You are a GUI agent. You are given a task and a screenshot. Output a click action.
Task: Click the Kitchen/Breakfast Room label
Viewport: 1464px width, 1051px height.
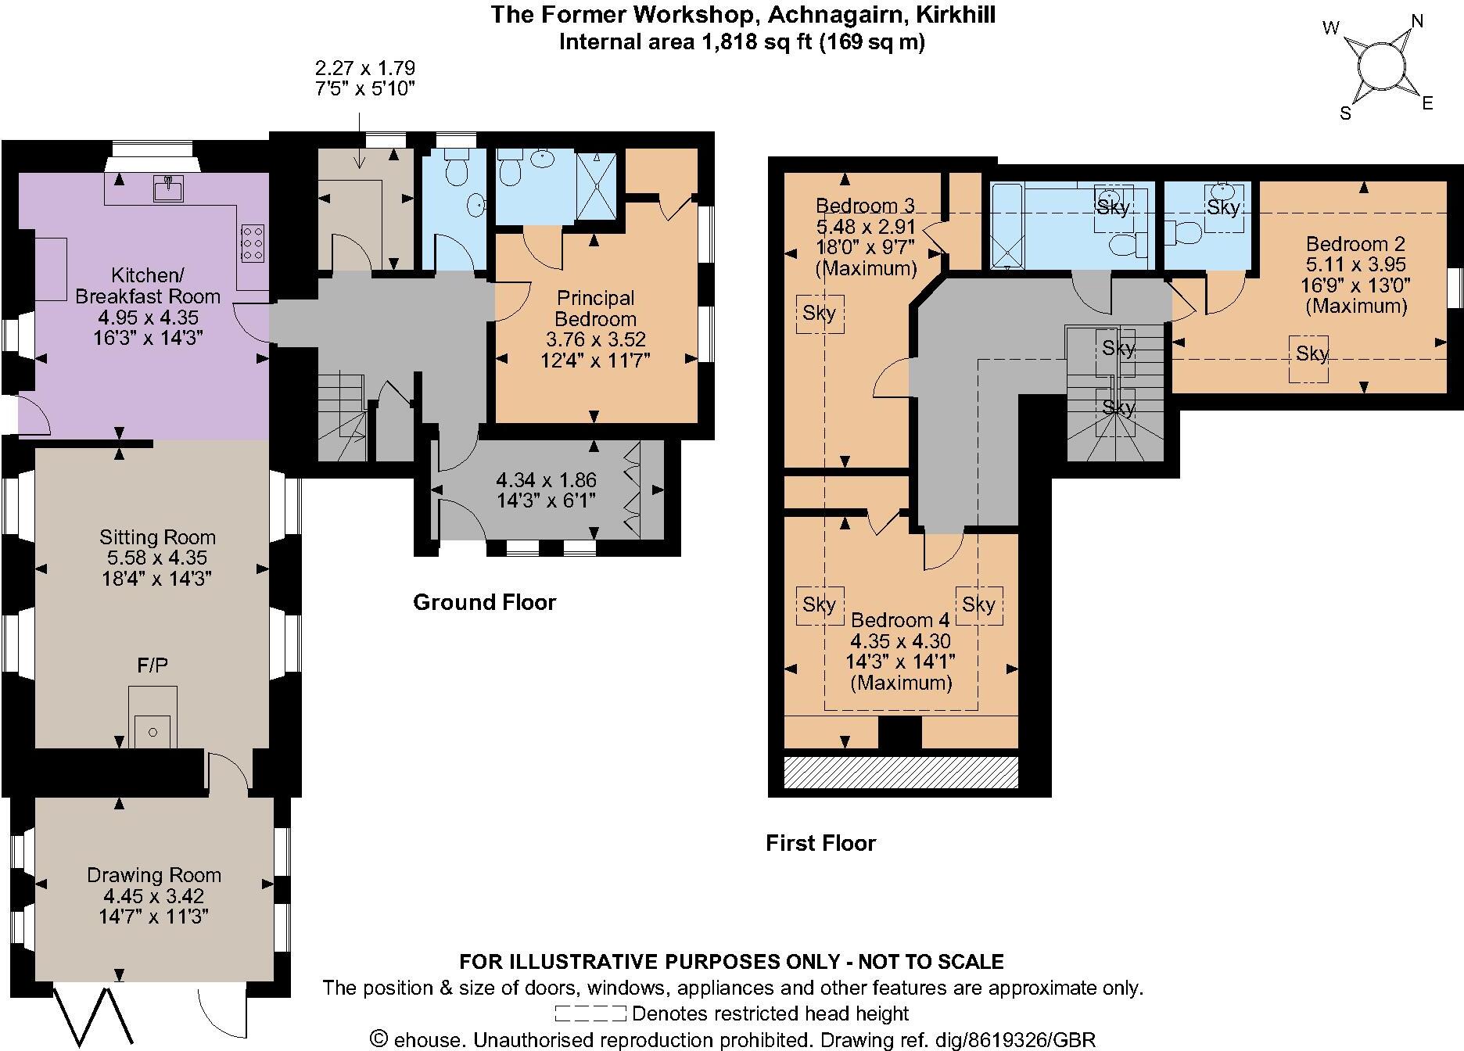pos(148,285)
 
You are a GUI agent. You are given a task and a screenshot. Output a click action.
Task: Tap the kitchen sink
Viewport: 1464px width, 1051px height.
pos(168,188)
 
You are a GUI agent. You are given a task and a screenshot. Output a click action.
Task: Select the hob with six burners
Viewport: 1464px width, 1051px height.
pos(252,243)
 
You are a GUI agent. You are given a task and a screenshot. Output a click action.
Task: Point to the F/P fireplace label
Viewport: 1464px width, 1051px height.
pos(152,665)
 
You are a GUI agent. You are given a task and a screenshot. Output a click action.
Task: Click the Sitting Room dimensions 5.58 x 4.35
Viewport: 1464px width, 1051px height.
pos(157,558)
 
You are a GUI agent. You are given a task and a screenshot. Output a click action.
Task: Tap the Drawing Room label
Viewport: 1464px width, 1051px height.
pos(154,875)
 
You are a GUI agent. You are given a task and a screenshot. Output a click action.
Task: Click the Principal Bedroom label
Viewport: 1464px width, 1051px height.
pos(595,308)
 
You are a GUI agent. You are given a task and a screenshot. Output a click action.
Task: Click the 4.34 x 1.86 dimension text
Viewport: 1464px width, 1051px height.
pos(547,479)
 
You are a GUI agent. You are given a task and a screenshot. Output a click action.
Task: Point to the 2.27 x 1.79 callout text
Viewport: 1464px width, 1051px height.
pos(364,67)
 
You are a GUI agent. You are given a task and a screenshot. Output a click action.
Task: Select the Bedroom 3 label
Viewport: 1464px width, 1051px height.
pos(865,206)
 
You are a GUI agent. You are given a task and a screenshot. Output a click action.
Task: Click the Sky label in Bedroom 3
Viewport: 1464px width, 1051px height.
pos(820,313)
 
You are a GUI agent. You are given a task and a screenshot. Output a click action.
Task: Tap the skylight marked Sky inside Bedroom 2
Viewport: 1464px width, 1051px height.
pos(1311,354)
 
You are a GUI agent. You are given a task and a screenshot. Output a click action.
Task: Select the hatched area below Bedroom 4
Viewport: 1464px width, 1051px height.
pos(901,772)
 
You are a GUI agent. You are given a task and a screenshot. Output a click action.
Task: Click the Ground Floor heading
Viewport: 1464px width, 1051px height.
pos(484,602)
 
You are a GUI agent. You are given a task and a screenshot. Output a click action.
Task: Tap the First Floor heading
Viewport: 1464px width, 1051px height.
pos(820,843)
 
